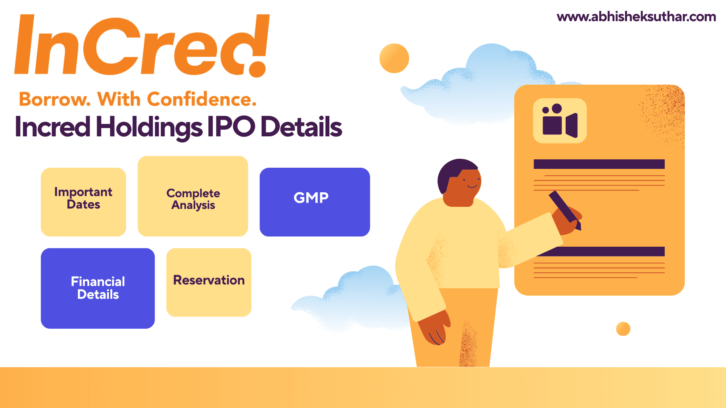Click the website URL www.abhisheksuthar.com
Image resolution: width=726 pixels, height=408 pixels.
point(636,17)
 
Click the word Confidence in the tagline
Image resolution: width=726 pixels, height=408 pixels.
point(202,99)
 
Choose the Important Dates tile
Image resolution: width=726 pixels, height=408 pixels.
point(83,202)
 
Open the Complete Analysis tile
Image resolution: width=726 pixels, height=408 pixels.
point(193,196)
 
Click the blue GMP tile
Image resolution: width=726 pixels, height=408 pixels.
point(315,202)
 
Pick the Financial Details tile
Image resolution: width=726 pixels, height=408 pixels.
point(98,288)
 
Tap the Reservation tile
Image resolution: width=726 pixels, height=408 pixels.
point(209,282)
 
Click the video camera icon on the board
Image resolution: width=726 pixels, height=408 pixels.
point(560,121)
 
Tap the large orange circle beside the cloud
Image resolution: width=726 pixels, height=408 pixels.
point(394,58)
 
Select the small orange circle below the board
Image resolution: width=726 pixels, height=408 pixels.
point(623,329)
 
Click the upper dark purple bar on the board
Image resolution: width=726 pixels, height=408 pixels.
point(599,164)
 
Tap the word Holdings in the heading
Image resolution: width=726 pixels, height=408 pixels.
point(149,127)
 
